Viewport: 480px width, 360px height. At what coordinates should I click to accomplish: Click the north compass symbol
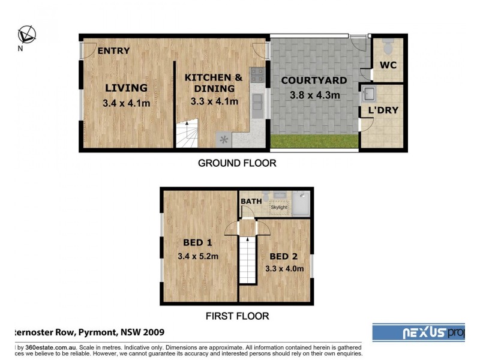click(26, 34)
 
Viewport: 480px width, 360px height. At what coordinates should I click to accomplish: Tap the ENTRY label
click(113, 51)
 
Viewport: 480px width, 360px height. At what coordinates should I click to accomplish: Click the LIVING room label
click(126, 88)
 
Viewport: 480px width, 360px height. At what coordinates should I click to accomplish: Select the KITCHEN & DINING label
click(214, 83)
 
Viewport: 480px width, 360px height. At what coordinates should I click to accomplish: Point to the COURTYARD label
click(314, 80)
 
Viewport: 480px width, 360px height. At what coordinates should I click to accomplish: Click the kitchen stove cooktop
click(258, 74)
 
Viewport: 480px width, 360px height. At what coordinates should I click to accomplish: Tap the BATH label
click(251, 201)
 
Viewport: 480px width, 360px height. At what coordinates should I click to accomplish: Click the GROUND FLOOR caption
click(237, 163)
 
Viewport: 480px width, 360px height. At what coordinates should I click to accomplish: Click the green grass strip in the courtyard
click(314, 142)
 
